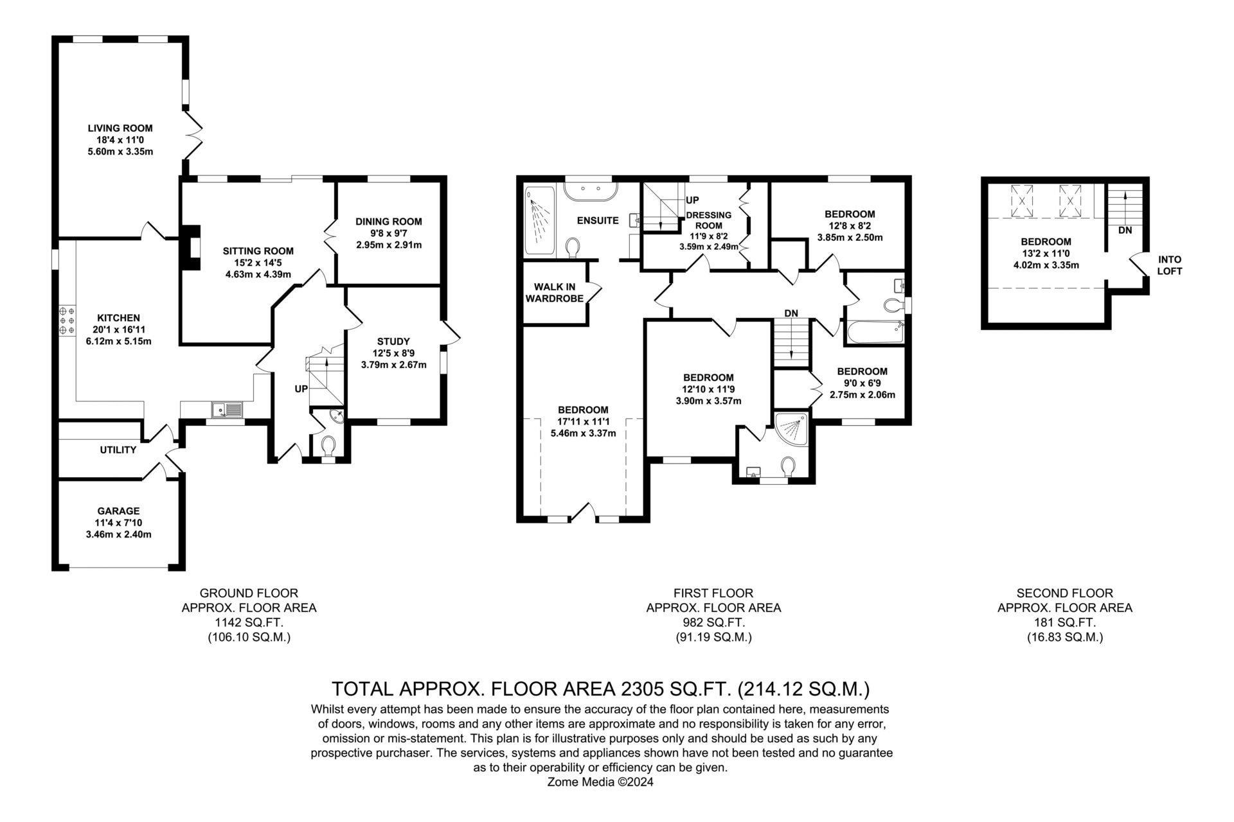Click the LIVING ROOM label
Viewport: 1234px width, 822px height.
(x=120, y=128)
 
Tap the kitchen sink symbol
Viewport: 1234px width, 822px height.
(x=228, y=408)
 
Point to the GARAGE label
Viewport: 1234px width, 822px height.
(x=118, y=511)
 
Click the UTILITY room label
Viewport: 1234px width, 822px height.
(x=118, y=450)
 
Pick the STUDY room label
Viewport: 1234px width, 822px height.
(x=393, y=342)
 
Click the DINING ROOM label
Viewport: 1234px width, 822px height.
(x=389, y=222)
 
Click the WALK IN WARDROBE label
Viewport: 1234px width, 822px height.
(x=554, y=292)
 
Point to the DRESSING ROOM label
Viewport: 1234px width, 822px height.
(x=709, y=220)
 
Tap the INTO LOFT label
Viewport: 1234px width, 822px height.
(x=1170, y=265)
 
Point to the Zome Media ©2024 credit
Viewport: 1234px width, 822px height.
(x=600, y=782)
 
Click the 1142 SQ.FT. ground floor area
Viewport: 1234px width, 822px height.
(x=249, y=622)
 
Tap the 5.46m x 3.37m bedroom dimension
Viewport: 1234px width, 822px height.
(x=583, y=433)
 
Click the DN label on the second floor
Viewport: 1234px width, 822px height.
(x=1125, y=230)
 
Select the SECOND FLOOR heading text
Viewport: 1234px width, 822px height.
(x=1064, y=593)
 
